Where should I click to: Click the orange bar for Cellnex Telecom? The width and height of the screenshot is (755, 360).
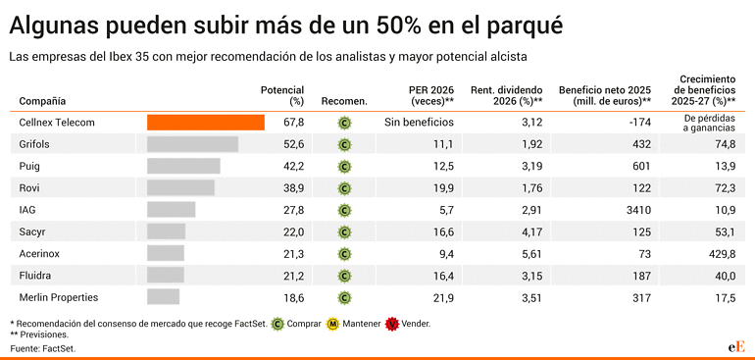pos(206,123)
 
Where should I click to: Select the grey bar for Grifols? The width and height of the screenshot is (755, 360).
pos(192,144)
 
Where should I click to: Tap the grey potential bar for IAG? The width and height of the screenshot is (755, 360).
pos(171,209)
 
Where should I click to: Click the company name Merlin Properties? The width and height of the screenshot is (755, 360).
pos(59,296)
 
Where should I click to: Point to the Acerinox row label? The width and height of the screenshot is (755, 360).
pos(41,253)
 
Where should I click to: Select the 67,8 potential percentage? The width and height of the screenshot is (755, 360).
pos(293,123)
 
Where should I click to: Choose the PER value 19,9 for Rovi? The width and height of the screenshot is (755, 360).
pos(442,187)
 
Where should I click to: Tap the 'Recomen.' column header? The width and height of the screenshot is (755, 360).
pos(344,101)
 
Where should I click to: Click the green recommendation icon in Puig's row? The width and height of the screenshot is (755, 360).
pos(344,166)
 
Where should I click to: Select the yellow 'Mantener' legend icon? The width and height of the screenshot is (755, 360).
pos(333,324)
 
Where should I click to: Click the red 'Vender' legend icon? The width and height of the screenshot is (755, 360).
pos(392,324)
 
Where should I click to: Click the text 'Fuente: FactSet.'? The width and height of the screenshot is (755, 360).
pos(43,348)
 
